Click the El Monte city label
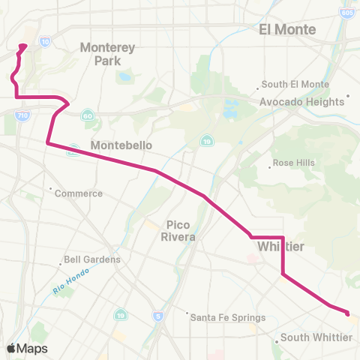[x=287, y=29]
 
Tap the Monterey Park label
[x=107, y=53]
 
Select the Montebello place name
[x=121, y=145]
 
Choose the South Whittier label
[x=316, y=338]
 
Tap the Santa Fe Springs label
[x=224, y=317]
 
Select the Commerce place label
[x=79, y=193]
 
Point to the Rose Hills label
[x=294, y=163]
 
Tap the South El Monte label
[x=297, y=85]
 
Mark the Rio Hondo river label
[x=71, y=281]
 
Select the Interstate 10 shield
[x=45, y=42]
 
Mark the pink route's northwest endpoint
[x=23, y=46]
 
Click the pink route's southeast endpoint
[x=347, y=312]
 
